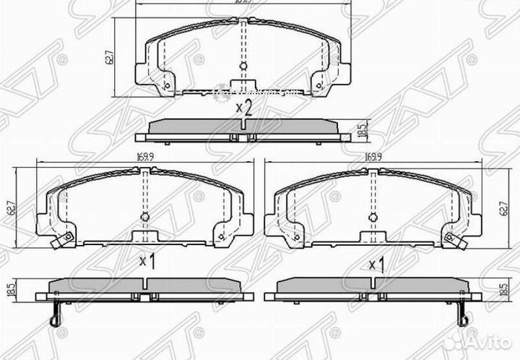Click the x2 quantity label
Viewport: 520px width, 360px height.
tap(243, 108)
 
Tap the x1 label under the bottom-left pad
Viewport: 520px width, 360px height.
tap(147, 261)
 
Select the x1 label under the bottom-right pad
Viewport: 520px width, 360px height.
tap(376, 265)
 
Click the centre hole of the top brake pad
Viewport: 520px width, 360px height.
tap(243, 67)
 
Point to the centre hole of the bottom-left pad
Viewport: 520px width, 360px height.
tap(144, 218)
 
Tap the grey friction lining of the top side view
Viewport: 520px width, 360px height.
tap(243, 125)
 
